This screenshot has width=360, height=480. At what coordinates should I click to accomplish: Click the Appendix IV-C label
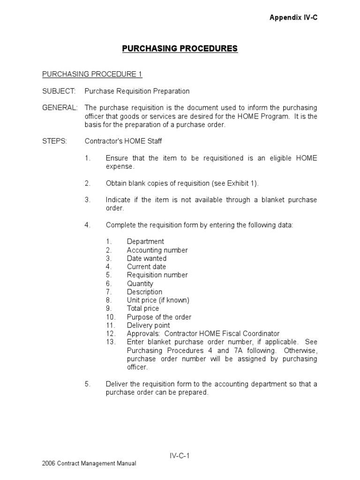click(290, 17)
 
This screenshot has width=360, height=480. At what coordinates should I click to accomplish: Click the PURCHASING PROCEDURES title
click(180, 49)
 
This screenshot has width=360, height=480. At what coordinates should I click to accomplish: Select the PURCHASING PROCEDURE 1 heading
click(92, 74)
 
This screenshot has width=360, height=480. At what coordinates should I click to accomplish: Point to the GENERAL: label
click(60, 108)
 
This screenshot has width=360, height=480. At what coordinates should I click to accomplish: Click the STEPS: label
click(55, 141)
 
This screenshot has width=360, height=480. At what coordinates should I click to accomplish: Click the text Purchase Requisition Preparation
click(137, 91)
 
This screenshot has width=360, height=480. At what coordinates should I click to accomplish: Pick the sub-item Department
click(145, 241)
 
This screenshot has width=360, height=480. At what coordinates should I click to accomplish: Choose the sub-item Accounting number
click(157, 250)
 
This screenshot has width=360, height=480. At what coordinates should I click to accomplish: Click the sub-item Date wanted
click(146, 258)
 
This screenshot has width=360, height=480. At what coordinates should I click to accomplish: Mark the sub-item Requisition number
click(157, 275)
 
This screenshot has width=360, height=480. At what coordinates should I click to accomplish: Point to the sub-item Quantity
click(140, 283)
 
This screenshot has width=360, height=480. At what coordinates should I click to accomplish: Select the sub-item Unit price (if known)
click(158, 300)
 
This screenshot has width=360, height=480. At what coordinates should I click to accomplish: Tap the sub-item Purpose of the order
click(159, 317)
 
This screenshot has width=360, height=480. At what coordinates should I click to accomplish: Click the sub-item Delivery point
click(148, 325)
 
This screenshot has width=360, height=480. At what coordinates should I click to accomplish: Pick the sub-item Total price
click(142, 308)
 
